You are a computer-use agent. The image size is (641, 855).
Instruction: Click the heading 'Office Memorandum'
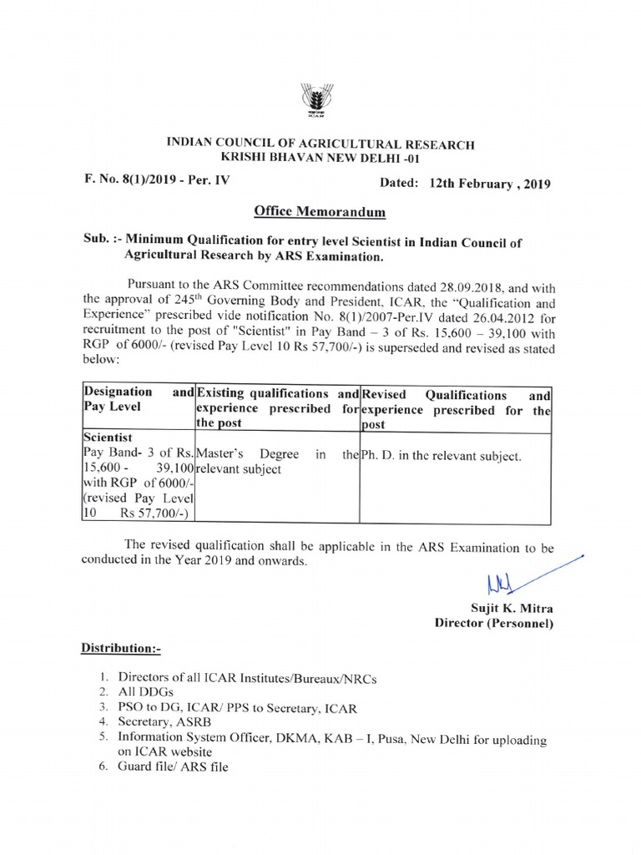[x=320, y=213]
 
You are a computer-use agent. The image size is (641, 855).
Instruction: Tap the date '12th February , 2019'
[x=490, y=184]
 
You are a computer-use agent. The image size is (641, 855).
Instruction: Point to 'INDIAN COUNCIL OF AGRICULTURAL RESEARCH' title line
[x=320, y=144]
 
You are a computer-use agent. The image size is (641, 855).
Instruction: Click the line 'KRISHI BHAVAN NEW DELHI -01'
[x=320, y=159]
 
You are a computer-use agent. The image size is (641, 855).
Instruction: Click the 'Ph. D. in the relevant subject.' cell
[x=441, y=457]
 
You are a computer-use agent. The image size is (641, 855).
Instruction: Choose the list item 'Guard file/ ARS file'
[x=173, y=766]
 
